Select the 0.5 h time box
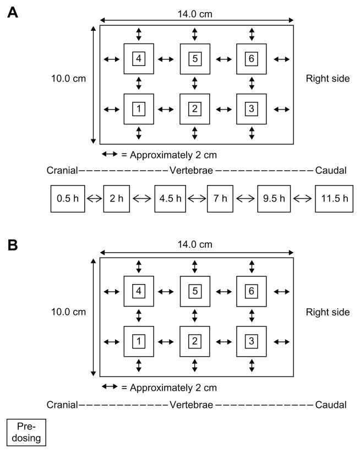pos(68,199)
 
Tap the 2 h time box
pos(116,199)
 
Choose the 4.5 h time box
pos(171,199)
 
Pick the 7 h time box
pos(222,199)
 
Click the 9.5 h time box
pos(274,199)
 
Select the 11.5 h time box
pos(334,199)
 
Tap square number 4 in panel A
pos(139,58)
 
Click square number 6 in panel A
pos(252,58)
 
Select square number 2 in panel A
pos(195,108)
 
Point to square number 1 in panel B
pos(139,342)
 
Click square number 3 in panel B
pos(252,342)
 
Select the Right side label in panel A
pos(328,78)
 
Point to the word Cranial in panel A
pos(62,171)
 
